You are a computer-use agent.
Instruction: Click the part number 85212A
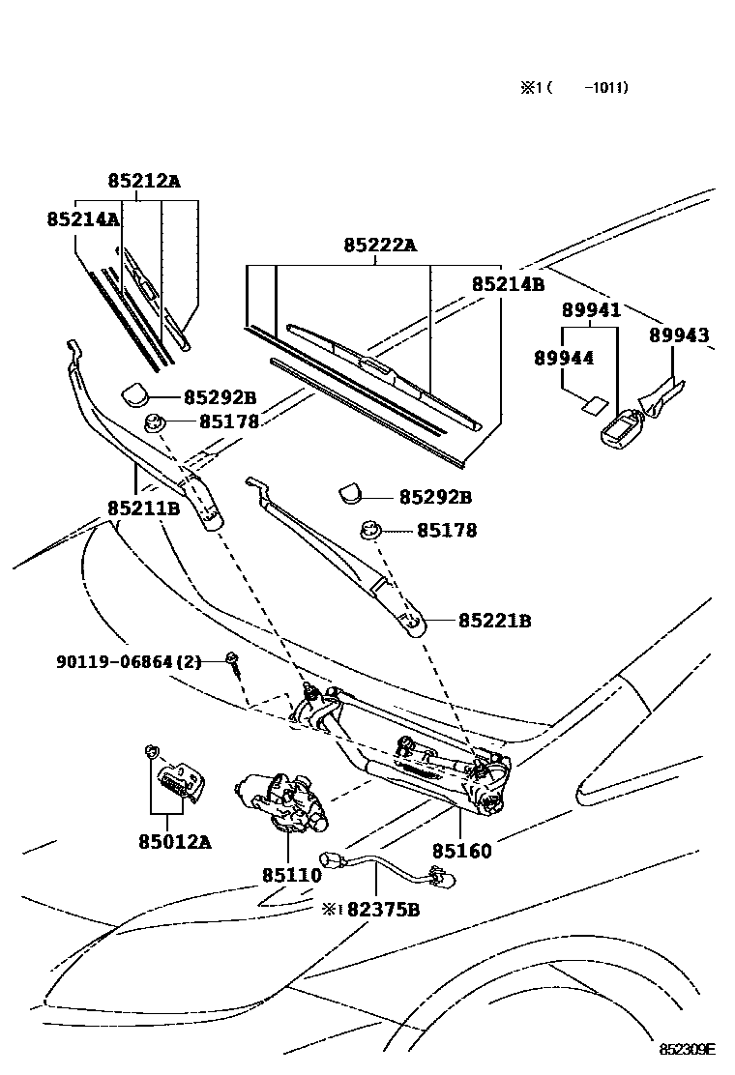point(143,181)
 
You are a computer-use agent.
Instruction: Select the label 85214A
point(82,219)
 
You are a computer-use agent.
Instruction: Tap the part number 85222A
point(379,246)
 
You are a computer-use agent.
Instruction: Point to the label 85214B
point(508,284)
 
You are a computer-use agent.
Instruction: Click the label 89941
point(590,310)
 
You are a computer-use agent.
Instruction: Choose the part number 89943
point(678,335)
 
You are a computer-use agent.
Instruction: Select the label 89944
point(564,358)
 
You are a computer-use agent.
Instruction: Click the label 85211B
point(143,508)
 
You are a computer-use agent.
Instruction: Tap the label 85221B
point(494,621)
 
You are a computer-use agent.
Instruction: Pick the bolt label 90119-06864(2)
point(128,662)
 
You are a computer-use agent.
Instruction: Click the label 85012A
point(174,841)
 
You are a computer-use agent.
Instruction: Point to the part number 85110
point(290,875)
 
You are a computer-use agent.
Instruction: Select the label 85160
point(461,851)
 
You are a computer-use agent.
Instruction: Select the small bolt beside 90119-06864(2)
point(232,660)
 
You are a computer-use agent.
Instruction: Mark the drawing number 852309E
point(687,1049)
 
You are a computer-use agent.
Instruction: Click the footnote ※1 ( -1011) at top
point(574,88)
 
